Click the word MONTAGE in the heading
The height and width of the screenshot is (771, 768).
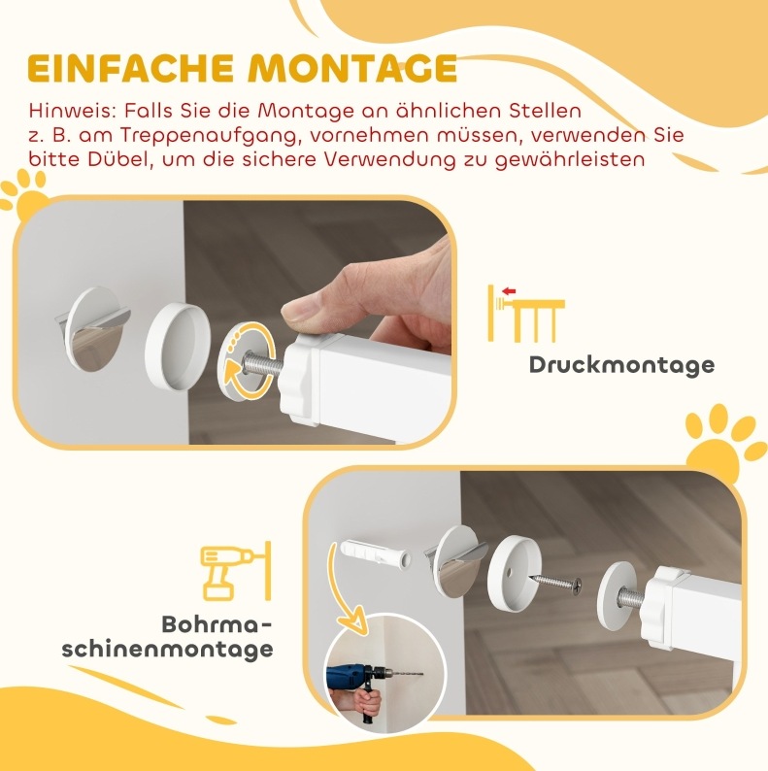click(x=352, y=68)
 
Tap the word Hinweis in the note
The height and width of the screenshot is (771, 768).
click(x=73, y=111)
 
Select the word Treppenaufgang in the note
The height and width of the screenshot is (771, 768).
click(x=211, y=136)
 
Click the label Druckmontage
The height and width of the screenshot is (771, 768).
click(x=621, y=365)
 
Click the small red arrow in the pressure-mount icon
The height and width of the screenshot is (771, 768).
click(x=509, y=291)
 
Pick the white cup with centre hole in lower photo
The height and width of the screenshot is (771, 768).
click(x=514, y=572)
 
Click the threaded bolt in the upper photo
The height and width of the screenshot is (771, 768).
click(x=263, y=363)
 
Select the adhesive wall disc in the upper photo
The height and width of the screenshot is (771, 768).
click(x=93, y=328)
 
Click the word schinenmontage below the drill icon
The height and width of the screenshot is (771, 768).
click(x=167, y=649)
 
